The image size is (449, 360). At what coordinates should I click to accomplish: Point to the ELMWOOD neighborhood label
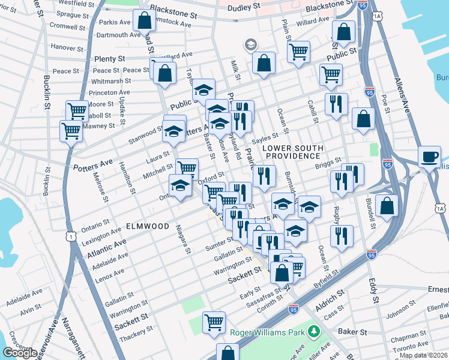point(148,226)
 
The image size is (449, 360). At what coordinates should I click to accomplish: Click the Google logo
point(20,353)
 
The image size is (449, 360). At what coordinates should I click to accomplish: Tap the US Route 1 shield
point(71,237)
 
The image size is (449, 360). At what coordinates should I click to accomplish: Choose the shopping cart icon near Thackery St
point(214,323)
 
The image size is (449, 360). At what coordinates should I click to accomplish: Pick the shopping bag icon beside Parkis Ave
point(144,22)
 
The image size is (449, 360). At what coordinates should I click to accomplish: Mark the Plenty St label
point(109,59)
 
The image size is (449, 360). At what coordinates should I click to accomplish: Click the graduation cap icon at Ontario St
point(180,186)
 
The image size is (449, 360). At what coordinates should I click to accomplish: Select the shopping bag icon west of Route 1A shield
point(387,206)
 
